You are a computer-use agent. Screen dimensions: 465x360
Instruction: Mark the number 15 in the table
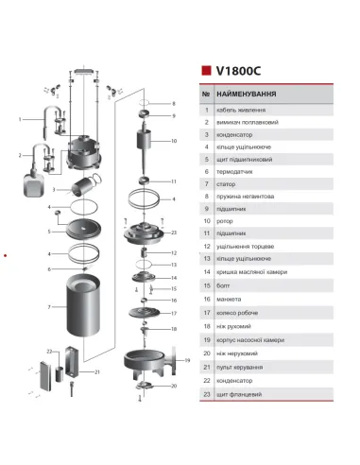tap(206, 284)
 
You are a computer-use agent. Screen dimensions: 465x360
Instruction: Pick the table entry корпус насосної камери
tap(260, 338)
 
